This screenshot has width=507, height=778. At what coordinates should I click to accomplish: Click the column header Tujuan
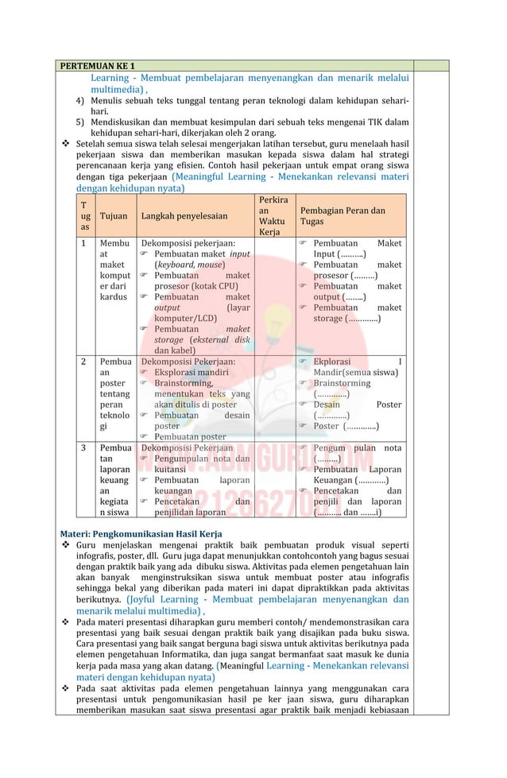[x=114, y=215]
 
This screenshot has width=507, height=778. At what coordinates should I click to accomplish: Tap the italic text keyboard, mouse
[x=189, y=265]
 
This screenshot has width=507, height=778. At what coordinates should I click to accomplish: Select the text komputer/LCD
[x=185, y=318]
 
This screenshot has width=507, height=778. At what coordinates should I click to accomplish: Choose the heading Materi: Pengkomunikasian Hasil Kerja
[x=141, y=532]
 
